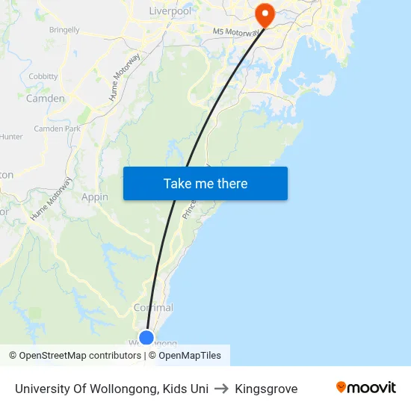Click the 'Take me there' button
[x=205, y=183]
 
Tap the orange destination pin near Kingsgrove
[x=265, y=14]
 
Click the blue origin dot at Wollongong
[x=146, y=338]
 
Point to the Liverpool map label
[x=170, y=11]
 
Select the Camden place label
[x=46, y=98]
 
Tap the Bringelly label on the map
[x=64, y=30]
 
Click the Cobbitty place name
[x=43, y=76]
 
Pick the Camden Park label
[x=57, y=129]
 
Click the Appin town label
[x=95, y=197]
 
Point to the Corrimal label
[x=153, y=308]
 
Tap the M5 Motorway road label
[x=235, y=32]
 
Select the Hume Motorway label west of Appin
[x=52, y=198]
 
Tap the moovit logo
[x=366, y=388]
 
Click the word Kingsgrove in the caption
[x=266, y=389]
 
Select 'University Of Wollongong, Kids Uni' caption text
[x=111, y=389]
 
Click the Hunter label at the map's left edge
[x=11, y=137]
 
